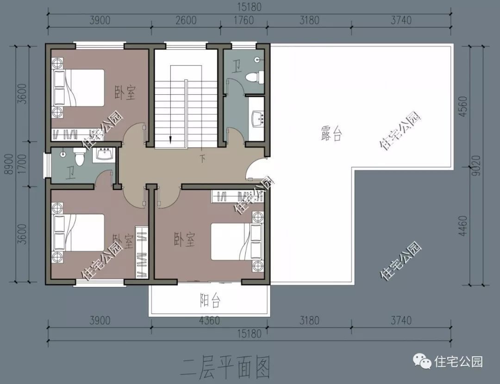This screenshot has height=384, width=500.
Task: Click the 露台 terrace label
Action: pyautogui.click(x=331, y=134)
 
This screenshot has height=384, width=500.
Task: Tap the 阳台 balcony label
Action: pyautogui.click(x=210, y=301)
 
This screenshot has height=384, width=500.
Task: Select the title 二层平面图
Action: pyautogui.click(x=226, y=367)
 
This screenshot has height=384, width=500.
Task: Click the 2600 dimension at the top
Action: pyautogui.click(x=186, y=21)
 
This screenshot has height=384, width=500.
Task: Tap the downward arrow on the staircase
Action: pyautogui.click(x=170, y=137)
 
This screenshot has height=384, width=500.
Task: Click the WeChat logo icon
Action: pyautogui.click(x=423, y=361)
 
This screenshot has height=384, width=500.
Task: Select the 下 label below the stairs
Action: pyautogui.click(x=202, y=159)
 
